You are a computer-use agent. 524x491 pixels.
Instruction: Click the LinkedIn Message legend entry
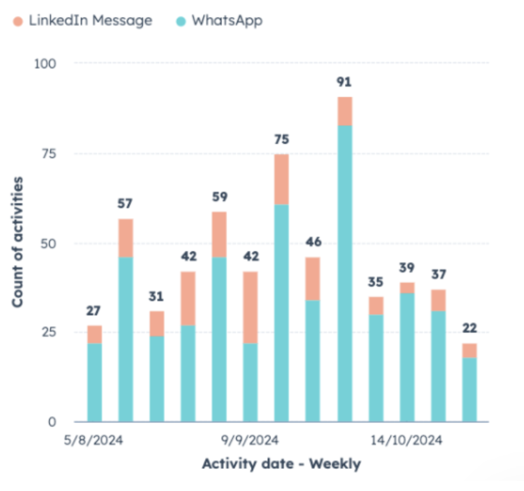pyautogui.click(x=83, y=21)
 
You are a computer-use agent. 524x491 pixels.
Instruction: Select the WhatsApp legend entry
pyautogui.click(x=220, y=21)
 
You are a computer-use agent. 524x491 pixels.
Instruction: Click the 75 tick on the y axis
pyautogui.click(x=50, y=154)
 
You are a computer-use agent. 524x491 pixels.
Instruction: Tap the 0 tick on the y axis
pyautogui.click(x=52, y=422)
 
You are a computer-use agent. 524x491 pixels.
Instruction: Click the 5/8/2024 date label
pyautogui.click(x=94, y=440)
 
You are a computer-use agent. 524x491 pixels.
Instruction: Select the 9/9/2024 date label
pyautogui.click(x=250, y=440)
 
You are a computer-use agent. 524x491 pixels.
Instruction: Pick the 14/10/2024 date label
pyautogui.click(x=407, y=440)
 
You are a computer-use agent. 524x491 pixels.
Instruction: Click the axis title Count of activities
pyautogui.click(x=18, y=241)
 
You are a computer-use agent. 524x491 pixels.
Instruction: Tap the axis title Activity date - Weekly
pyautogui.click(x=281, y=464)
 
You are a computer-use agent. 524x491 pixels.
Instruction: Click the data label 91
pyautogui.click(x=344, y=82)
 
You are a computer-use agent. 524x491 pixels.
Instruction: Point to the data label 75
pyautogui.click(x=281, y=139)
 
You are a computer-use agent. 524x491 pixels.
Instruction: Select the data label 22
pyautogui.click(x=469, y=328)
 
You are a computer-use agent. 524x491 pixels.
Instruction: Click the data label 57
pyautogui.click(x=126, y=204)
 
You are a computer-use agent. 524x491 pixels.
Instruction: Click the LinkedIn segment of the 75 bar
pyautogui.click(x=281, y=179)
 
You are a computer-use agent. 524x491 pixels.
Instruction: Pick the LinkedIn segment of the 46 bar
pyautogui.click(x=313, y=279)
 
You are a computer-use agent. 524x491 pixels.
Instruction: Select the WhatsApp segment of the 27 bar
pyautogui.click(x=94, y=382)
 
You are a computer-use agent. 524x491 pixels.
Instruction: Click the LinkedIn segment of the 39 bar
pyautogui.click(x=407, y=288)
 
